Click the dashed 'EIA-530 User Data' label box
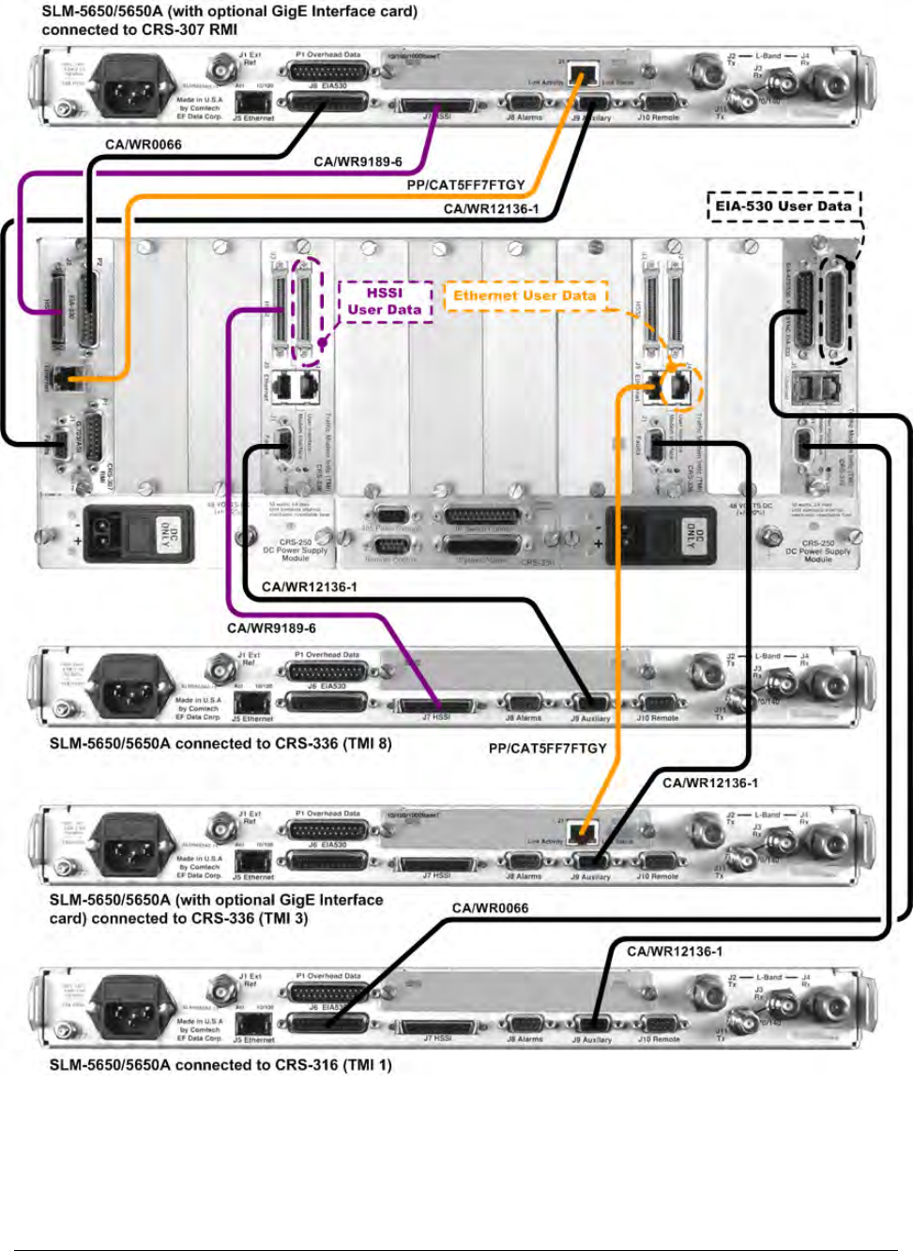click(x=784, y=206)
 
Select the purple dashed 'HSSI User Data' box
click(x=385, y=301)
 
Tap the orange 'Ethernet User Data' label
click(x=525, y=296)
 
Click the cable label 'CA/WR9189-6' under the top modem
click(x=358, y=162)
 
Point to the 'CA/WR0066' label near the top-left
click(x=144, y=145)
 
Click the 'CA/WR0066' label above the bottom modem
click(x=490, y=908)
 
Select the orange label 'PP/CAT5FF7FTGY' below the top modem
click(x=465, y=185)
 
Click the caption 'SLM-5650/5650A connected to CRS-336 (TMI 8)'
click(x=221, y=744)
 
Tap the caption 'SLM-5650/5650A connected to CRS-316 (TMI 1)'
click(x=221, y=1065)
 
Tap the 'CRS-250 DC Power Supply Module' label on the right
click(x=817, y=551)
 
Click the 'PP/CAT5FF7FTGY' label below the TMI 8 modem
click(x=547, y=748)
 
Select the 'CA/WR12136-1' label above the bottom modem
click(x=674, y=952)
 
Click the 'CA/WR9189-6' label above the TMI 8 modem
click(x=271, y=628)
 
